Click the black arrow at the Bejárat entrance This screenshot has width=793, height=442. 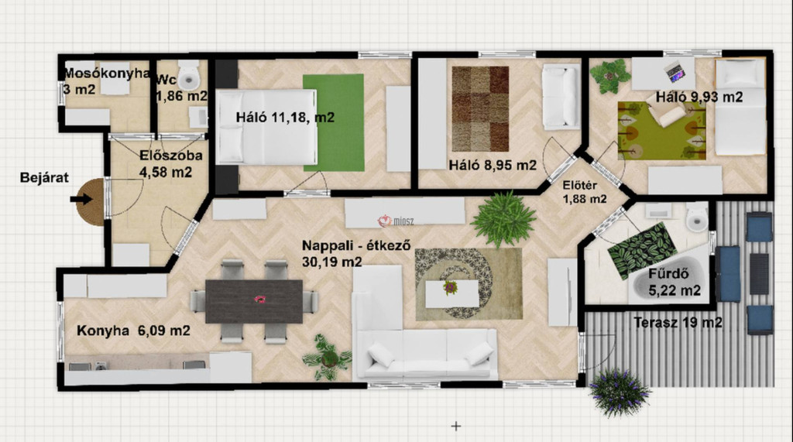81,199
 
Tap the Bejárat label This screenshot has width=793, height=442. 44,177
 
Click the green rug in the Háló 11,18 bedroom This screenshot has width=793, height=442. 333,122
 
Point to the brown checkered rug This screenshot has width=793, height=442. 480,108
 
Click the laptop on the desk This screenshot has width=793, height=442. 675,71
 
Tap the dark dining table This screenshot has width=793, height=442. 254,301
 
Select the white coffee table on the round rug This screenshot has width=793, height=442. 452,294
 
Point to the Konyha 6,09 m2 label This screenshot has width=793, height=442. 133,331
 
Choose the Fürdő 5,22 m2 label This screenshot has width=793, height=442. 675,283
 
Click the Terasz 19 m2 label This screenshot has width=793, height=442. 678,322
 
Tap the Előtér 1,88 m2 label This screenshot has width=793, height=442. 585,192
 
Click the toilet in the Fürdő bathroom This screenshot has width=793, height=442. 697,218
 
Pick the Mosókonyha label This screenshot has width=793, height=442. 107,74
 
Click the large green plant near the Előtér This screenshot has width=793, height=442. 503,219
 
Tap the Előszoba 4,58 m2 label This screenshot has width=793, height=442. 171,163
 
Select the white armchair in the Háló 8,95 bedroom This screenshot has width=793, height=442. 561,97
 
